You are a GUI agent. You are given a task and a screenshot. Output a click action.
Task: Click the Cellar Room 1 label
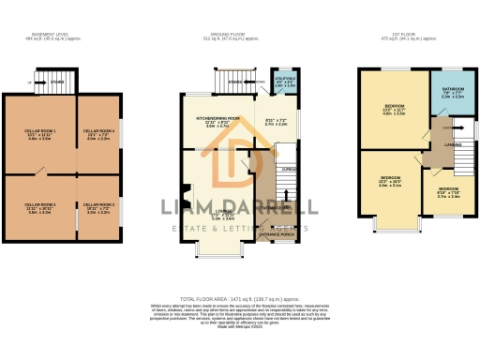pos(40,133)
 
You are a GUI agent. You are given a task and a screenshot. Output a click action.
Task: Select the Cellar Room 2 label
pos(40,207)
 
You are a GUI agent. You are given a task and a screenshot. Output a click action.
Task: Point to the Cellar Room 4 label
pos(99,133)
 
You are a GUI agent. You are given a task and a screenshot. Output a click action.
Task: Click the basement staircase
pos(55,81)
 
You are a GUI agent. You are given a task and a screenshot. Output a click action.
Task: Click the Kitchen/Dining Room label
pos(217,122)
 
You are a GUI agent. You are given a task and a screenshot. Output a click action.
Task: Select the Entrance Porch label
pos(277,234)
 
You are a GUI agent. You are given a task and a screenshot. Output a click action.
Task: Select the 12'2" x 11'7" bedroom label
pos(393,111)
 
